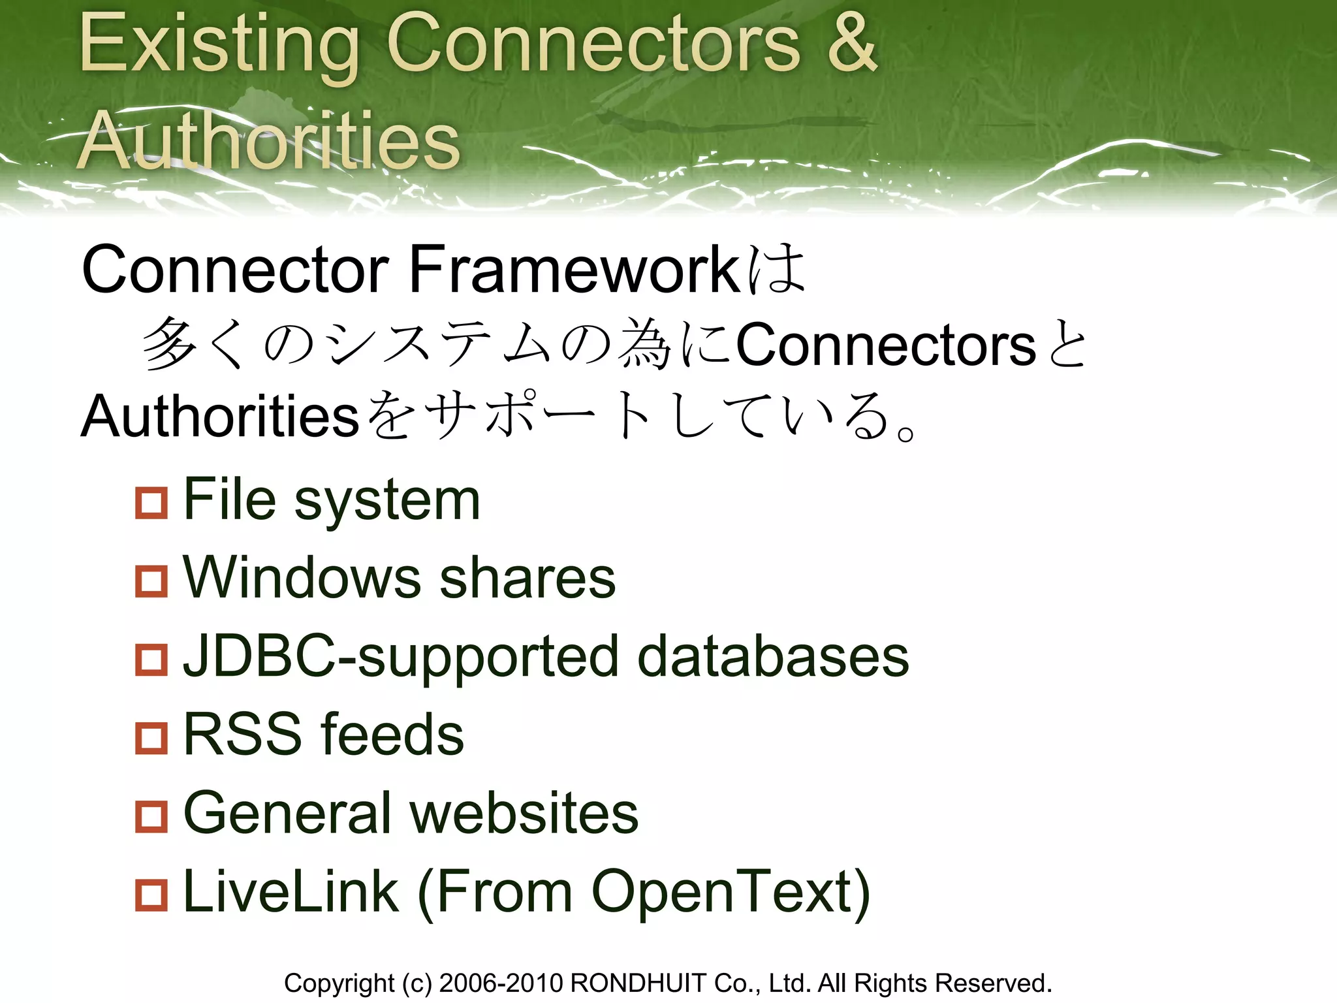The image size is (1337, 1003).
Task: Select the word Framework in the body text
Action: pyautogui.click(x=574, y=270)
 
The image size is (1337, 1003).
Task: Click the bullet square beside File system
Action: pyautogui.click(x=151, y=503)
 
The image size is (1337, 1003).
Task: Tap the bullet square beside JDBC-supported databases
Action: pyautogui.click(x=151, y=660)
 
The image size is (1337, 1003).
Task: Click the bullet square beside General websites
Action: pyautogui.click(x=151, y=816)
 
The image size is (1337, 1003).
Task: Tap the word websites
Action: pyautogui.click(x=524, y=813)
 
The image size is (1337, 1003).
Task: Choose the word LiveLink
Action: pyautogui.click(x=291, y=891)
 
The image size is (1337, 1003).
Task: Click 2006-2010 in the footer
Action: pyautogui.click(x=501, y=983)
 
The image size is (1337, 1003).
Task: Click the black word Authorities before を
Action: pyautogui.click(x=221, y=416)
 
